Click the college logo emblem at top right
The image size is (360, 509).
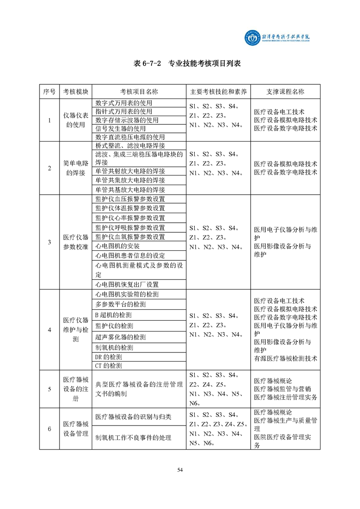click(251, 39)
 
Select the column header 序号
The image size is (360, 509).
click(49, 92)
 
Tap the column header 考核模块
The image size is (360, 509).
click(75, 92)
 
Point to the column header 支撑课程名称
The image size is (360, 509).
click(285, 92)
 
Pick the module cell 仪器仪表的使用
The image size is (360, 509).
click(75, 120)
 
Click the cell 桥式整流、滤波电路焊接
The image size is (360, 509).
click(130, 146)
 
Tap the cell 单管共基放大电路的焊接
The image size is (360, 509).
click(130, 190)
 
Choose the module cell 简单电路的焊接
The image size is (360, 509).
click(75, 168)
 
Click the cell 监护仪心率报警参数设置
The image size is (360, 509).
click(130, 218)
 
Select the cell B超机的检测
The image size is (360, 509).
click(114, 315)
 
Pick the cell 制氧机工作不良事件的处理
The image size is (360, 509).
click(133, 438)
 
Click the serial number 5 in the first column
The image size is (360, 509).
click(49, 389)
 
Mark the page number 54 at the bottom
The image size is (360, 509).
click(180, 470)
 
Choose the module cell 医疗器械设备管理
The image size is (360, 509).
click(75, 429)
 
